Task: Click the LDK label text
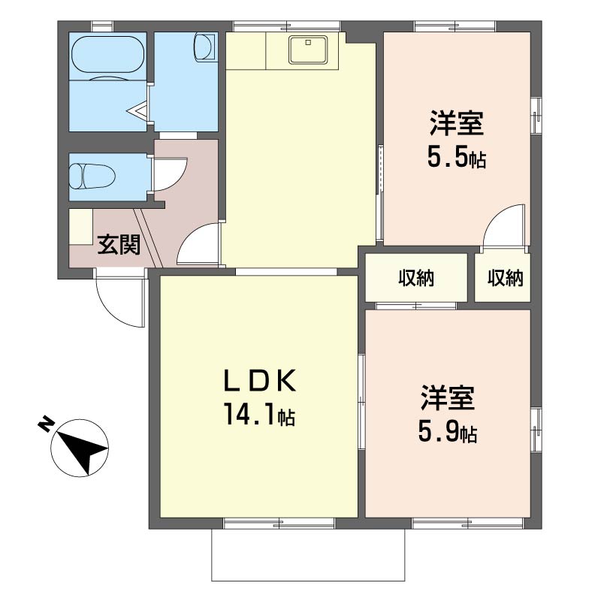coord(260,380)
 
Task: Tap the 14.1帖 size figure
coord(260,415)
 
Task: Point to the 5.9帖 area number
coord(448,433)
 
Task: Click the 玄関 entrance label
coord(119,245)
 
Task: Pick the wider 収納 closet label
coord(416,278)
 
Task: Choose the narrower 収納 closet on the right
coord(505,278)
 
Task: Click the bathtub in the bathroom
coord(107,57)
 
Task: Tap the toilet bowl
coord(92,177)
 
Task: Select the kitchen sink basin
coord(308,50)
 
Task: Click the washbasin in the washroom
coord(204,47)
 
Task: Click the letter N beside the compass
coord(46,423)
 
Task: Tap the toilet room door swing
coord(171,174)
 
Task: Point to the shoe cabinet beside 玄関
coord(81,227)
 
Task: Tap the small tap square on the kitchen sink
coord(308,43)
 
